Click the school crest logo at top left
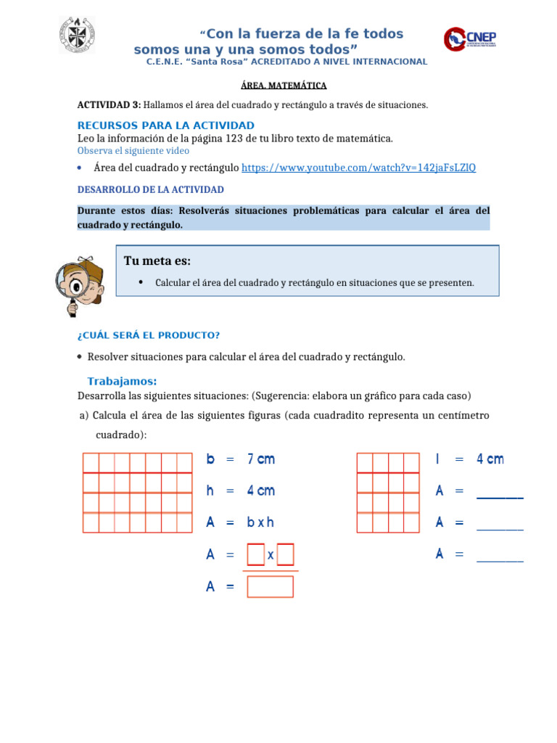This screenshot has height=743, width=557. pos(76,35)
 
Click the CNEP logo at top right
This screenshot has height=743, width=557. pos(470,41)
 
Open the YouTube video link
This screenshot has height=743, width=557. pos(358,168)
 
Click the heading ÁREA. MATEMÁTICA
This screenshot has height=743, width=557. pos(278,86)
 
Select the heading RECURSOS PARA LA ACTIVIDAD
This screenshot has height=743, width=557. pos(165,126)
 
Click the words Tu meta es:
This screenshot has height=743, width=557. pos(157,261)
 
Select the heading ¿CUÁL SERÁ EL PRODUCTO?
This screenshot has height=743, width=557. pos(148,335)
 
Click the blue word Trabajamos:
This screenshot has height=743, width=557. pos(122,382)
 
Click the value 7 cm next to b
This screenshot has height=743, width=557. pos(261,459)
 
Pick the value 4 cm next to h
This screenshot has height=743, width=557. pos(261,491)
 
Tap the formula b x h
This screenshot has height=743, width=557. pos(260,522)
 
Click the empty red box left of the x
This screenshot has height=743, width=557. pos(255,554)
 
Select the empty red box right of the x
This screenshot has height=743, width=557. pos(286,554)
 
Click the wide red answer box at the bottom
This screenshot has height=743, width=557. pos(270,586)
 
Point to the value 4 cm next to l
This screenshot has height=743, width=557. pos(490,459)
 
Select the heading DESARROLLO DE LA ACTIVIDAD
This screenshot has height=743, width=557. pos(150,189)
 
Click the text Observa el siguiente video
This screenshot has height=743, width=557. pos(133,151)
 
